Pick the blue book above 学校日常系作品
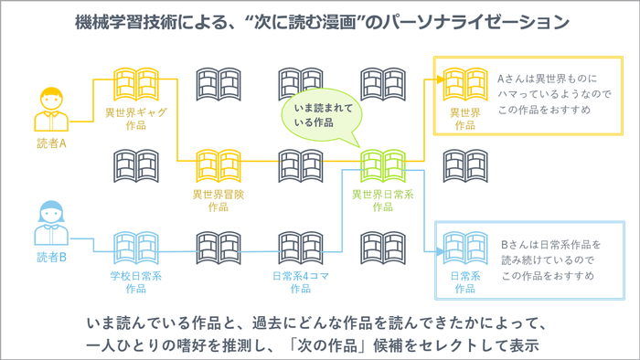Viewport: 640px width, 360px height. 134,246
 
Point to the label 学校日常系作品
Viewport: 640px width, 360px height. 134,281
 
